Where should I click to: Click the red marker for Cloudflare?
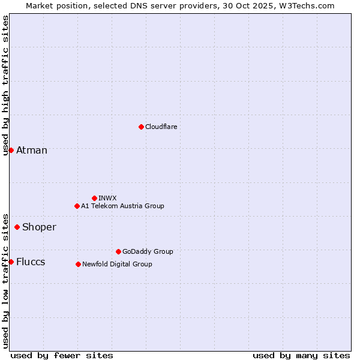(141, 127)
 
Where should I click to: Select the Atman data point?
(11, 150)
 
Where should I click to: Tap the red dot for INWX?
(94, 198)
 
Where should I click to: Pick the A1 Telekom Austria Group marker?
(77, 206)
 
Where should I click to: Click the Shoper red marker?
(17, 227)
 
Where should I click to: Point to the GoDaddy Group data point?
(118, 251)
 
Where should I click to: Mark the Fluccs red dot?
(11, 262)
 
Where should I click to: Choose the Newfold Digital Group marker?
(78, 264)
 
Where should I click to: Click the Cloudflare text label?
(161, 127)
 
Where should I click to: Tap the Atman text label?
(32, 150)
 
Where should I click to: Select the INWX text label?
(107, 198)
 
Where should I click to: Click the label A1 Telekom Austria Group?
(122, 206)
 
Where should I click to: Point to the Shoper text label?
(39, 227)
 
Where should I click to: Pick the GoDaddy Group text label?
(148, 251)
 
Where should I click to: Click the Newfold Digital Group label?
(117, 264)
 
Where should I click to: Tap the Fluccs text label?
(31, 262)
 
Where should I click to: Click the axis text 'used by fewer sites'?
(62, 355)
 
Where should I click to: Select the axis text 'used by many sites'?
(301, 355)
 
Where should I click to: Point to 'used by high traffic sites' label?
(5, 85)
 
